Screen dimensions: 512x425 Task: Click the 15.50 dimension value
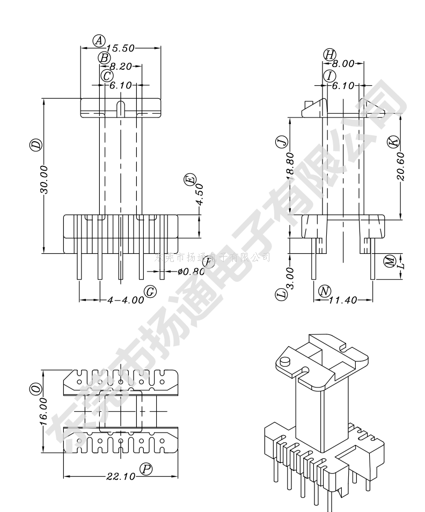click(121, 48)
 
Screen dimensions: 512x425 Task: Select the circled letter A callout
click(99, 40)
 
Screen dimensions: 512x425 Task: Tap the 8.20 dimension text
click(121, 67)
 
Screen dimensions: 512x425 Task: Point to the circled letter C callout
click(107, 76)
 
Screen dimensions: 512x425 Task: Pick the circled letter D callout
click(35, 144)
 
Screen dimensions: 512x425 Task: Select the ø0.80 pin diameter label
click(192, 272)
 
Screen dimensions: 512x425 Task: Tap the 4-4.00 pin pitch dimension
click(126, 300)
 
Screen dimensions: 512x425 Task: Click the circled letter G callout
click(151, 291)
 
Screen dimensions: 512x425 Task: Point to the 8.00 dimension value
click(343, 64)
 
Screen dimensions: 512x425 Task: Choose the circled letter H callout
click(329, 54)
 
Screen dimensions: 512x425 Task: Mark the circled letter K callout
click(393, 141)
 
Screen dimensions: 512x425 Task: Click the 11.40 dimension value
click(343, 300)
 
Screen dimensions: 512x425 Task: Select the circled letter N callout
click(324, 291)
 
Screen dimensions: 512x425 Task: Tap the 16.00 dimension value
click(43, 412)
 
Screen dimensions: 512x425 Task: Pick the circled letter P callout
click(145, 469)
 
